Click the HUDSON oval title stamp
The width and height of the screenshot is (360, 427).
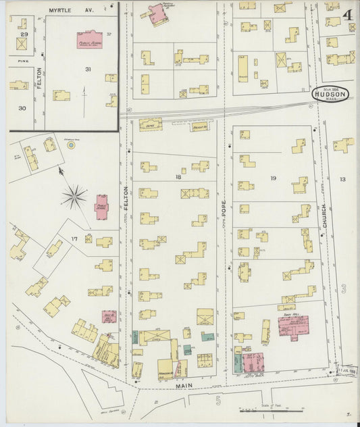330,95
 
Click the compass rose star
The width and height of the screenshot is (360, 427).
74,197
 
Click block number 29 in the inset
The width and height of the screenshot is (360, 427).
24,34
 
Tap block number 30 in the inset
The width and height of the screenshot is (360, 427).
22,108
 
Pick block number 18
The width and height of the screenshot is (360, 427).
178,176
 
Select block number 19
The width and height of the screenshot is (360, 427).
273,178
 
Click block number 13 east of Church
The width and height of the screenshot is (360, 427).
343,179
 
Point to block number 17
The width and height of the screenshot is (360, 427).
74,239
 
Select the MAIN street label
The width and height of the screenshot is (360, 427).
185,386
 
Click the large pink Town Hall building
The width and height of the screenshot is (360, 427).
290,327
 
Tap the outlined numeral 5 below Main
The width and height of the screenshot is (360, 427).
217,400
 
